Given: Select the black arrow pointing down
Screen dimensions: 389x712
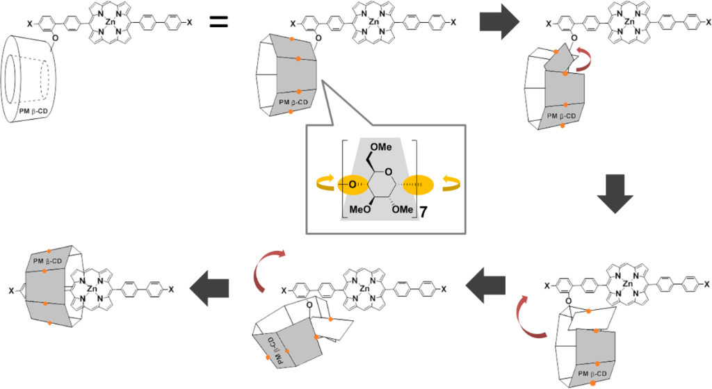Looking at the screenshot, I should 615,201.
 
